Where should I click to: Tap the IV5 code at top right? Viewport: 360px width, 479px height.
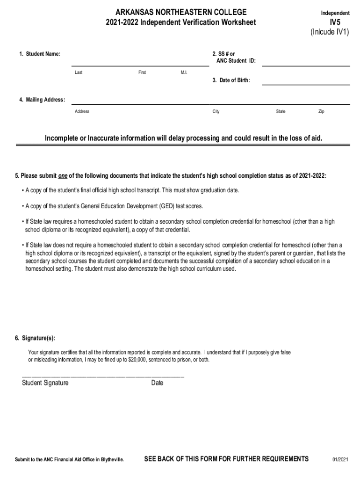(x=335, y=22)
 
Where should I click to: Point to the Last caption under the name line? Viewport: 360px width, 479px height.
(x=79, y=73)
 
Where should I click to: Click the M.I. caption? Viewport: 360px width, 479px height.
(x=184, y=73)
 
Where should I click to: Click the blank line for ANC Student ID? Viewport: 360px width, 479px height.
(x=305, y=65)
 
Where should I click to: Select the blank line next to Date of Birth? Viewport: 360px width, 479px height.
(x=305, y=84)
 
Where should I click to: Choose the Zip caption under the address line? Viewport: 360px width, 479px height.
(x=321, y=111)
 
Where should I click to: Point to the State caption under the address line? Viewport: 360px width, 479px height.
(x=281, y=111)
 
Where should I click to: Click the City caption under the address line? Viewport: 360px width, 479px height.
(x=216, y=111)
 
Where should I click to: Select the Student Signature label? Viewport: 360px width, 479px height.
(x=45, y=383)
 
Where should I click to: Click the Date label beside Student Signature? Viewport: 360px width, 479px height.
(x=158, y=383)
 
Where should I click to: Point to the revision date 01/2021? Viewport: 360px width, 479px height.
(x=340, y=459)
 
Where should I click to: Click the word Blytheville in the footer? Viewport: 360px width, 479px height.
(x=112, y=459)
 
